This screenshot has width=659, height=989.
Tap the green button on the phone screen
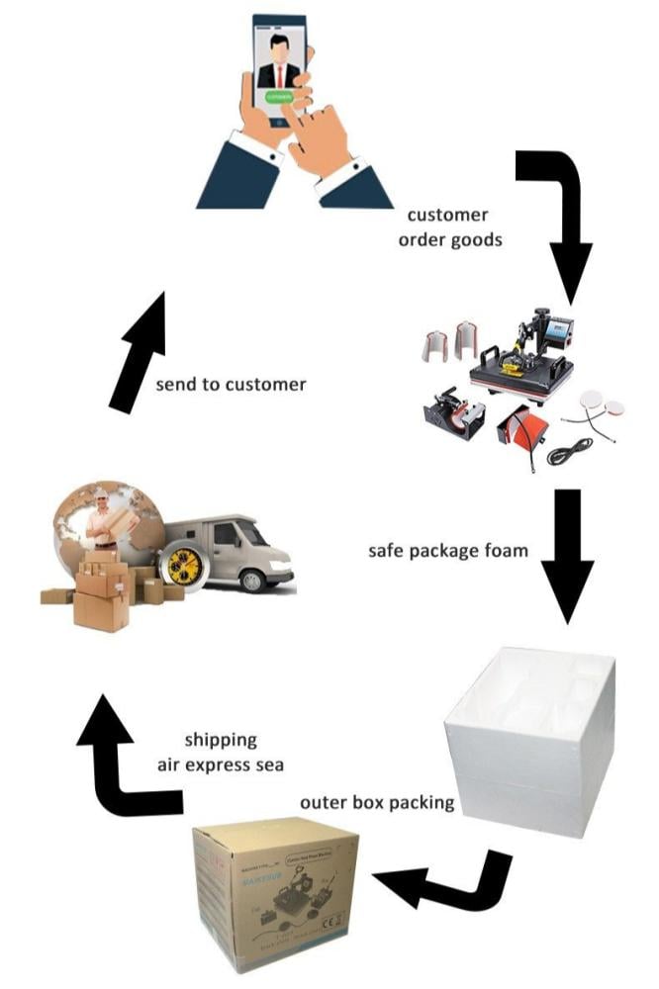278,98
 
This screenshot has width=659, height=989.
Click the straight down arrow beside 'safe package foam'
565,554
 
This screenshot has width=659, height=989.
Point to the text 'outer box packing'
377,802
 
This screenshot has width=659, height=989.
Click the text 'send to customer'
231,383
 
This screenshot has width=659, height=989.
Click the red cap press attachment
519,431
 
